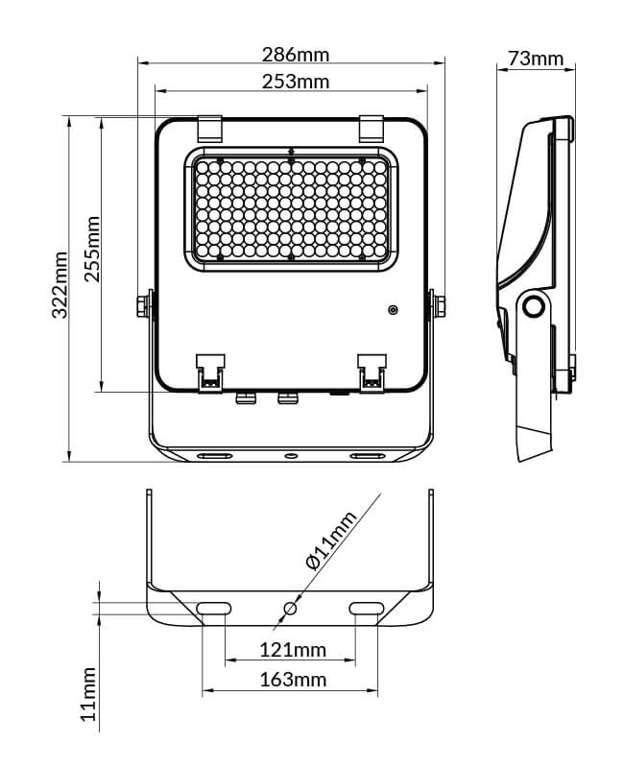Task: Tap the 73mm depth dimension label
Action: [535, 59]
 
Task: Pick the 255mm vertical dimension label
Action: [92, 249]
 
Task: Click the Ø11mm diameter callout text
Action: [331, 541]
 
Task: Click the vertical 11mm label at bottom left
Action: [88, 694]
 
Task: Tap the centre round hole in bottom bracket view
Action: [291, 609]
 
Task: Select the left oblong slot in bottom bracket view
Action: [213, 608]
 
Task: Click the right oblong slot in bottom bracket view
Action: [367, 608]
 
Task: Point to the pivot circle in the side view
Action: [533, 307]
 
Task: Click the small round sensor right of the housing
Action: [392, 309]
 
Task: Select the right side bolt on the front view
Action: [439, 304]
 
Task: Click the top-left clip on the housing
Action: [209, 127]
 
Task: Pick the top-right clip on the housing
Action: [372, 127]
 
